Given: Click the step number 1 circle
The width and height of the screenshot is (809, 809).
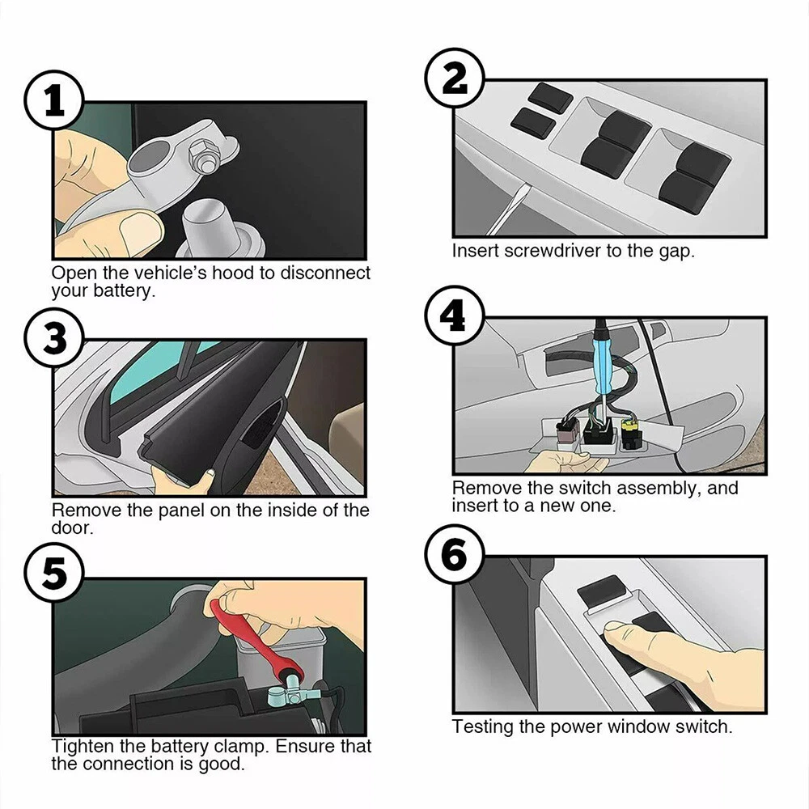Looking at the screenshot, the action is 54,100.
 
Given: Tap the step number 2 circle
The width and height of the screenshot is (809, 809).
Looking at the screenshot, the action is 455,78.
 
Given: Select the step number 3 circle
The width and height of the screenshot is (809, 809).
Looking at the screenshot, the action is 54,338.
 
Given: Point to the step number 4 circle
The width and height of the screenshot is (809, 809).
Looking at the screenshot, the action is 455,316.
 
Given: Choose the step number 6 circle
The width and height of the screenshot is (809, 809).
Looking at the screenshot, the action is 455,555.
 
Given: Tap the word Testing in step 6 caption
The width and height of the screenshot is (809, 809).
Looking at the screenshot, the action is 482,727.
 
